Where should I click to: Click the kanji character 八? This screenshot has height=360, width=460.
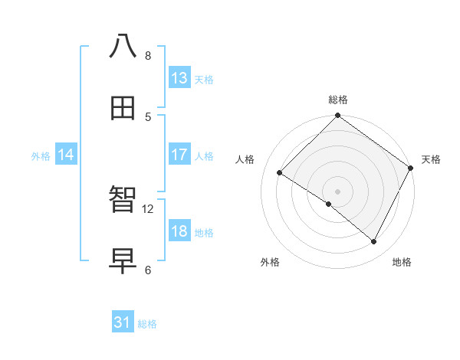pos(123,47)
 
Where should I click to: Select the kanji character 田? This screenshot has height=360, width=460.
pos(123,108)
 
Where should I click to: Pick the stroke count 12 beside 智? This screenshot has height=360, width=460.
pos(148,208)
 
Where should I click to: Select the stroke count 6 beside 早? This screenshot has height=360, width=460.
pos(147,270)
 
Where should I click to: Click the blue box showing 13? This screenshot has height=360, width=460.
pos(179,78)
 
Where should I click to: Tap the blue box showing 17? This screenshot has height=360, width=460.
pos(179,155)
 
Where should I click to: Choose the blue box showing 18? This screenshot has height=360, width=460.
pos(179,231)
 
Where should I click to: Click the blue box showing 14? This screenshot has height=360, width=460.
pos(66,155)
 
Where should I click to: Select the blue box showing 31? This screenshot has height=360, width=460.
pos(123,322)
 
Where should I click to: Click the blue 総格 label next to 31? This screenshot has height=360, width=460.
pos(147,324)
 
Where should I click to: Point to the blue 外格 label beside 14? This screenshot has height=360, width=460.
pos(41,156)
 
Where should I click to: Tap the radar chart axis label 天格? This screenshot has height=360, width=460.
pos(431,159)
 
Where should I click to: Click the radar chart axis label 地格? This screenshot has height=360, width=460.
pos(402,262)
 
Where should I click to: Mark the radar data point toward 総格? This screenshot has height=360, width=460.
pos(337,116)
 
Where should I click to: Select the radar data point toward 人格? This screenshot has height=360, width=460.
pos(280,173)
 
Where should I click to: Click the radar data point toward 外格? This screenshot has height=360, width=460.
pos(329,204)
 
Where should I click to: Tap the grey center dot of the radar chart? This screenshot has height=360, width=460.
pos(337,191)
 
